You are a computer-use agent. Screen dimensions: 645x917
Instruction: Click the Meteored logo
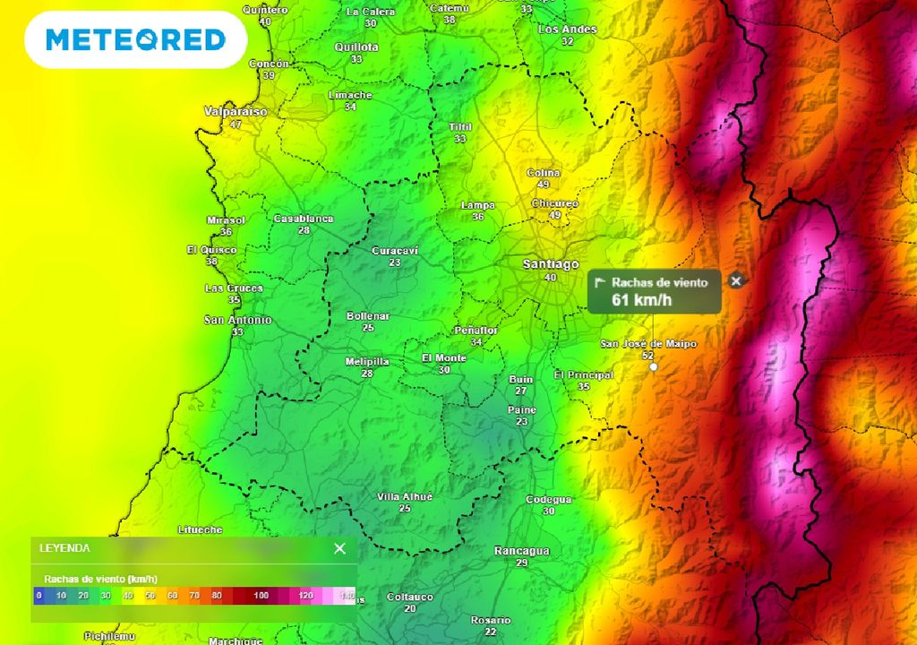click(x=135, y=39)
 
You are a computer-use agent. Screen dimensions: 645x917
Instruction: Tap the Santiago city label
click(x=551, y=264)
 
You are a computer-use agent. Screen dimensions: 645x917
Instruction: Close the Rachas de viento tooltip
click(x=736, y=281)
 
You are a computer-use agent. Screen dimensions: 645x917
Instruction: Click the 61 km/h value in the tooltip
click(x=641, y=300)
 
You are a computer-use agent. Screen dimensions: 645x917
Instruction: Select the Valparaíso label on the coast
click(x=236, y=112)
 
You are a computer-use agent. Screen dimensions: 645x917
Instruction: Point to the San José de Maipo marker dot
click(x=653, y=366)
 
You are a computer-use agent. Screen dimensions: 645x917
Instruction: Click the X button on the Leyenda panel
click(x=339, y=548)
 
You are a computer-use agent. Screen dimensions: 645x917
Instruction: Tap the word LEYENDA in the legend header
click(x=64, y=548)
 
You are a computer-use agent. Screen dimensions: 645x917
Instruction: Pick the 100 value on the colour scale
click(x=261, y=595)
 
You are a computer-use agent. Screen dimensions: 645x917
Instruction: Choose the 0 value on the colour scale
click(x=39, y=595)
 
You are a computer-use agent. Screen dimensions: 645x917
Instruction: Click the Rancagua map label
click(x=522, y=551)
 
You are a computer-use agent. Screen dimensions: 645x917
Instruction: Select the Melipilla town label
click(x=367, y=361)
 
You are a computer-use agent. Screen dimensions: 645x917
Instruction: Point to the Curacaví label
click(x=395, y=251)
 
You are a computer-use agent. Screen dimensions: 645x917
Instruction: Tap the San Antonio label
click(x=237, y=320)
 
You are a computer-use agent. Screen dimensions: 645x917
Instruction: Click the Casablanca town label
click(x=304, y=219)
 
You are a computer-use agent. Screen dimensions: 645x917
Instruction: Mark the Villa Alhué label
click(x=405, y=496)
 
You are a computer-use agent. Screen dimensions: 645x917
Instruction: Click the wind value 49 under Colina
click(x=544, y=184)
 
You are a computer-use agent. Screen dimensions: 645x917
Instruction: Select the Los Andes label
click(x=567, y=30)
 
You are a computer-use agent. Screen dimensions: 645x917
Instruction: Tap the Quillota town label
click(x=356, y=47)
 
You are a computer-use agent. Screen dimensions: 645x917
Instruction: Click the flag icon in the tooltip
click(x=601, y=282)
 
